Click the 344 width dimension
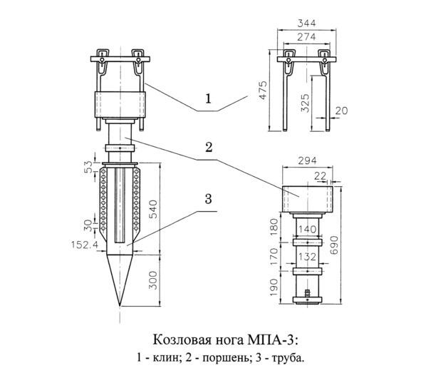pos(306,23)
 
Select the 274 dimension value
pos(306,37)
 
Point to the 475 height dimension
pos(264,90)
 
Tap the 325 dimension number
pos(305,103)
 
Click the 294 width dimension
pos(308,160)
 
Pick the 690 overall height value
pos(334,245)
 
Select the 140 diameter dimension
pos(308,229)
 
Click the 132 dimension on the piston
pos(308,257)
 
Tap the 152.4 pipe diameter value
pos(85,245)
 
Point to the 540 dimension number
pos(152,210)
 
